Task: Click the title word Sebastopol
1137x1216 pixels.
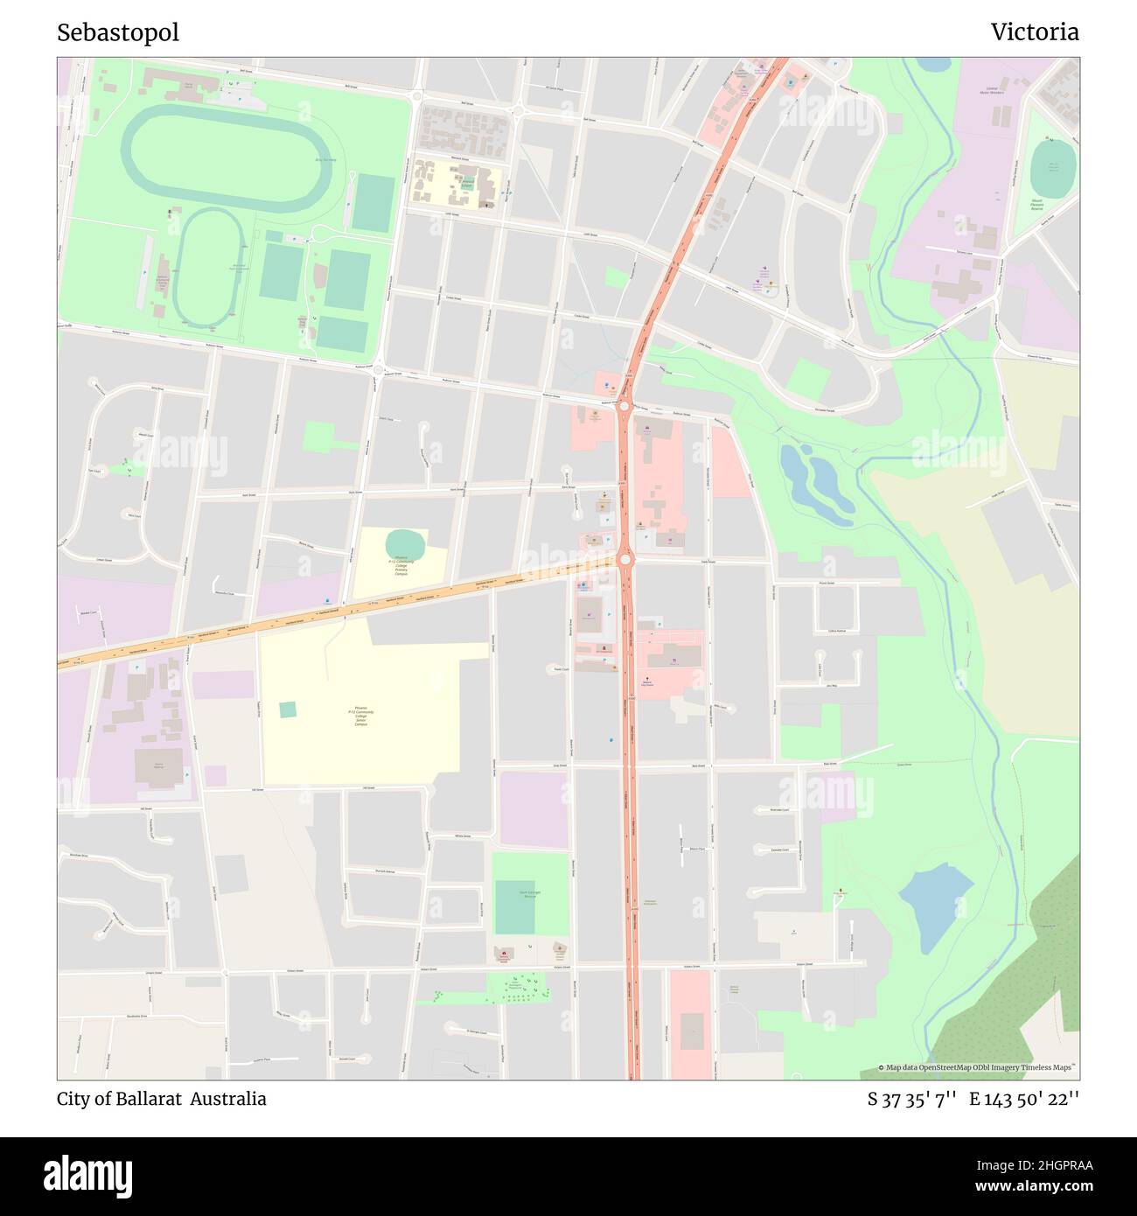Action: pyautogui.click(x=118, y=32)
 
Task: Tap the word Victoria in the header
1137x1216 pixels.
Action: pyautogui.click(x=1034, y=32)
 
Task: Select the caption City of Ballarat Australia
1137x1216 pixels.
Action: pyautogui.click(x=162, y=1099)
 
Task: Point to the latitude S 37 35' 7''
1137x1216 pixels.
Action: pyautogui.click(x=911, y=1099)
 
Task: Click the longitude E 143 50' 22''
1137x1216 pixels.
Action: pyautogui.click(x=1023, y=1099)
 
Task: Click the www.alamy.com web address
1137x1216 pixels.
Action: pyautogui.click(x=1017, y=1187)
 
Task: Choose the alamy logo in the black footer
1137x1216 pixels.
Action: pyautogui.click(x=88, y=1174)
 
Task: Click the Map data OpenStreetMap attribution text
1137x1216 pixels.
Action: pyautogui.click(x=978, y=1067)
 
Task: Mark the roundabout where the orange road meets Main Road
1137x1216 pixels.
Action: pyautogui.click(x=624, y=558)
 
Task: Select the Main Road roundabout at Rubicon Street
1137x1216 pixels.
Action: pyautogui.click(x=624, y=405)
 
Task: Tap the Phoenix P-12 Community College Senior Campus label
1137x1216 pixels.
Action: pyautogui.click(x=361, y=716)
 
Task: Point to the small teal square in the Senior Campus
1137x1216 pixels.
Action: pyautogui.click(x=288, y=709)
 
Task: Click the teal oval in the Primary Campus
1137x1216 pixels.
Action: pyautogui.click(x=405, y=544)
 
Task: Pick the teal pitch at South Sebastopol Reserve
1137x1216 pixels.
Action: pyautogui.click(x=514, y=907)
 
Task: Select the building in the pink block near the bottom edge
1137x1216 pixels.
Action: pyautogui.click(x=692, y=1032)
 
